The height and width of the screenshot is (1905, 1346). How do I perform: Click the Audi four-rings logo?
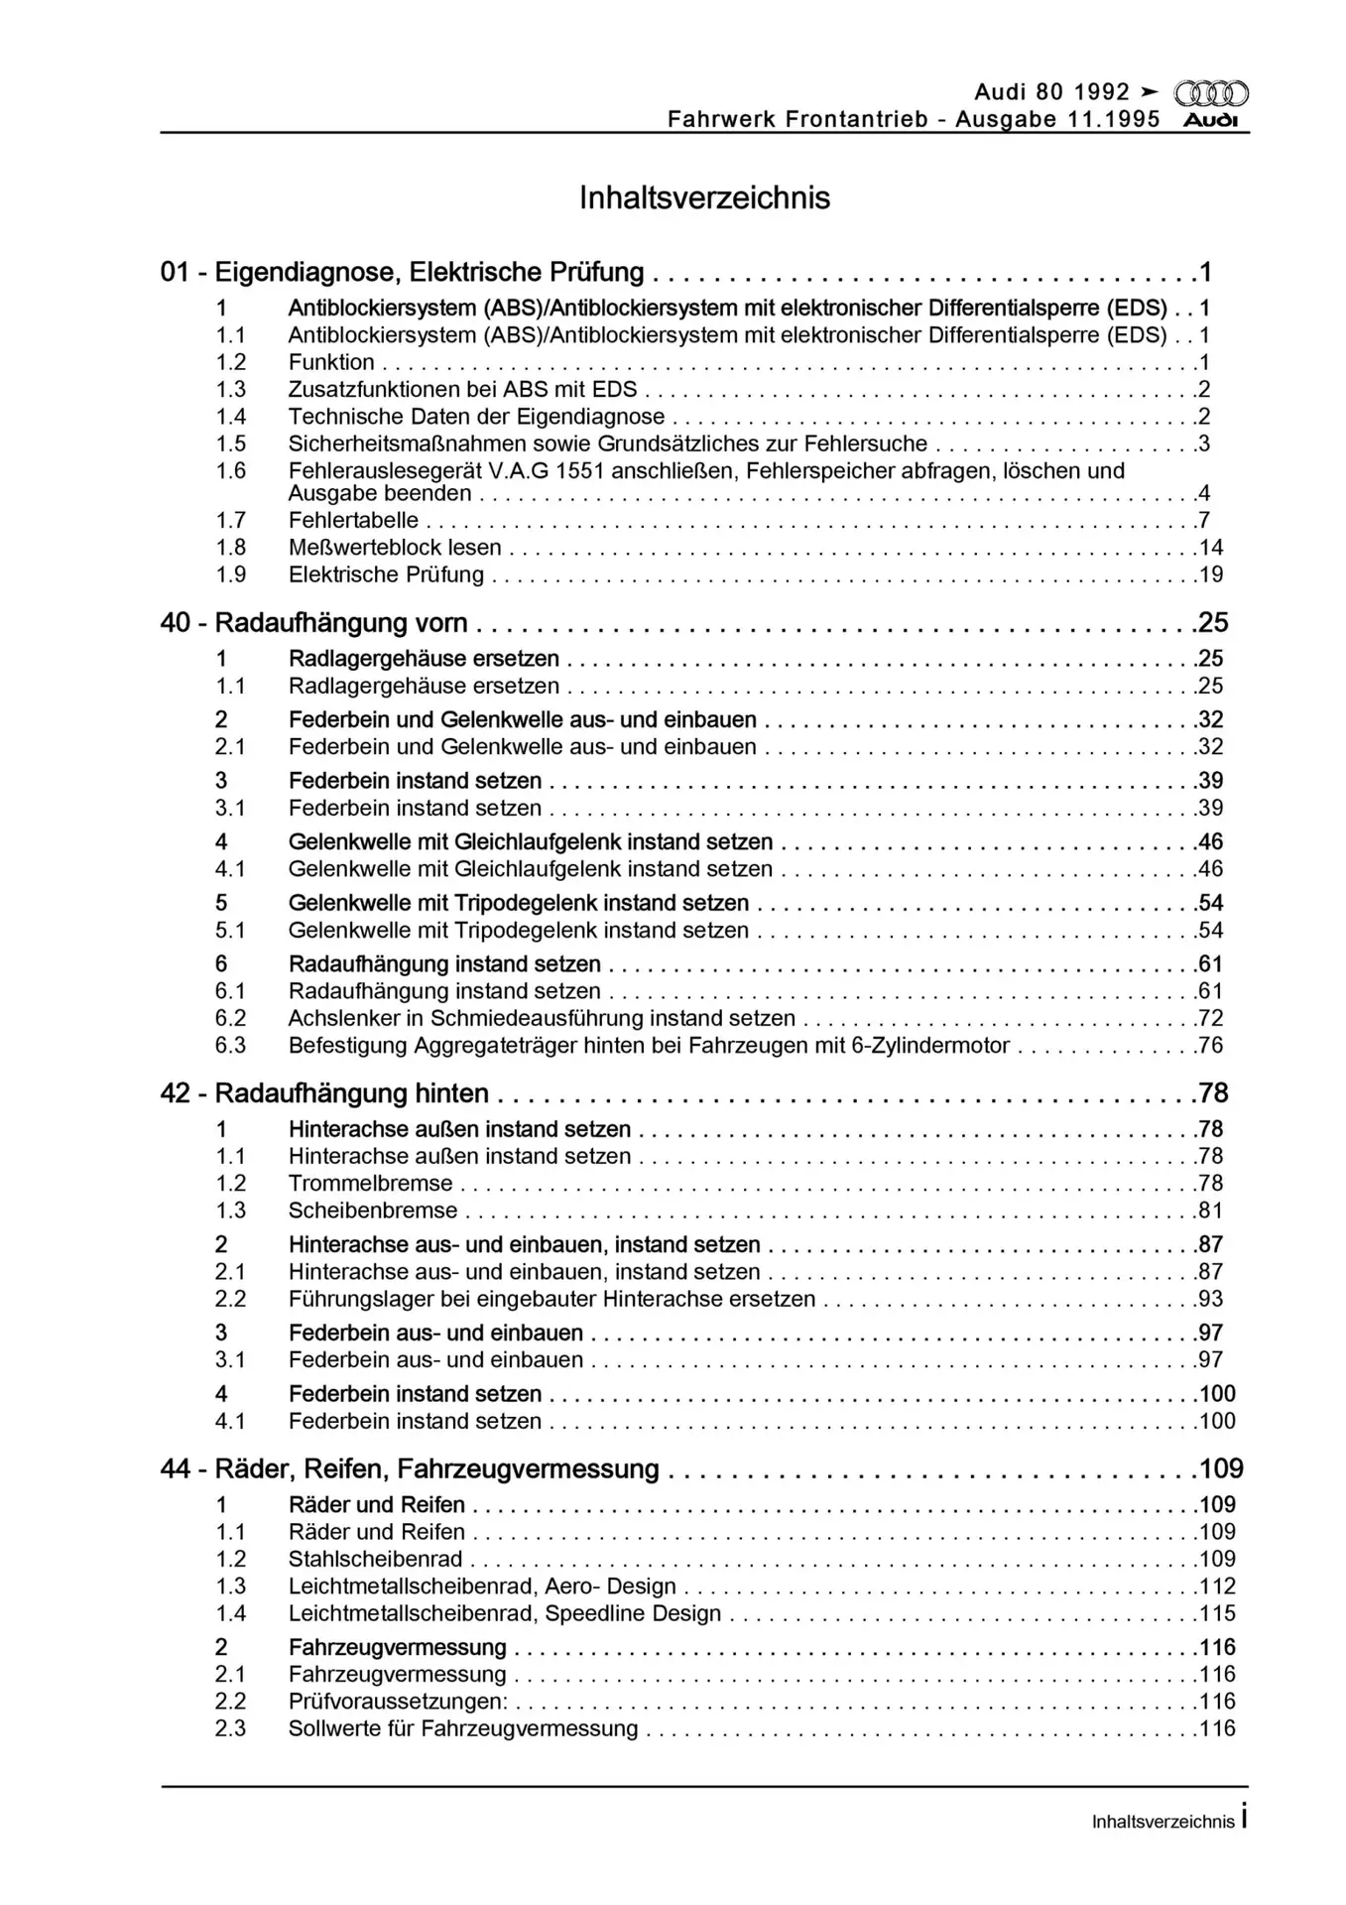[x=1211, y=94]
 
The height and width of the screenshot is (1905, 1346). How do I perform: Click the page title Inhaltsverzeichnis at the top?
[x=704, y=197]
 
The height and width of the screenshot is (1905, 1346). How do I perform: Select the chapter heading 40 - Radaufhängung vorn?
[x=313, y=623]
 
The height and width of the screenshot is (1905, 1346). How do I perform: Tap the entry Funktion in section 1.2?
[x=331, y=363]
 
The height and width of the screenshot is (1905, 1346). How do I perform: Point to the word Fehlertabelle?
[x=353, y=521]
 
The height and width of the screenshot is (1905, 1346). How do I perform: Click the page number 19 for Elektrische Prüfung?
[x=1211, y=575]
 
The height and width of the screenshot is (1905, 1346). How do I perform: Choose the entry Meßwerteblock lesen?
[x=395, y=548]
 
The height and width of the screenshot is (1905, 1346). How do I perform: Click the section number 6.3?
[x=230, y=1046]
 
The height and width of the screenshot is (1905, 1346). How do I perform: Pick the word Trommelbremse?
[x=370, y=1184]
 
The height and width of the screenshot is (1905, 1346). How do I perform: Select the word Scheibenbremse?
[x=373, y=1210]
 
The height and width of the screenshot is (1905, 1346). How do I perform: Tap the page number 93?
[x=1211, y=1299]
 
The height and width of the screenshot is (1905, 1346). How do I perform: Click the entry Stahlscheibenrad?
[x=375, y=1560]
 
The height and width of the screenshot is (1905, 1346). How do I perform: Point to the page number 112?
[x=1217, y=1587]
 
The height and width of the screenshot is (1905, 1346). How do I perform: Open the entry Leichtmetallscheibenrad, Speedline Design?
[x=504, y=1613]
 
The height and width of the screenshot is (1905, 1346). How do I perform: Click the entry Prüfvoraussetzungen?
[x=398, y=1702]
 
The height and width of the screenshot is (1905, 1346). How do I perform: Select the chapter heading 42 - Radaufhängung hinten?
[x=324, y=1093]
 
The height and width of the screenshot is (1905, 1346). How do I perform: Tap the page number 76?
[x=1211, y=1046]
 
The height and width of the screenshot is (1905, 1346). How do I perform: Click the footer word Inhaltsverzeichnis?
[x=1162, y=1822]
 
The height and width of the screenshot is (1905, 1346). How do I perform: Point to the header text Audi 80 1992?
[x=1051, y=92]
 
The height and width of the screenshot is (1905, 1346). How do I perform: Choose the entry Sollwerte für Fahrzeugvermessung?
[x=463, y=1728]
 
